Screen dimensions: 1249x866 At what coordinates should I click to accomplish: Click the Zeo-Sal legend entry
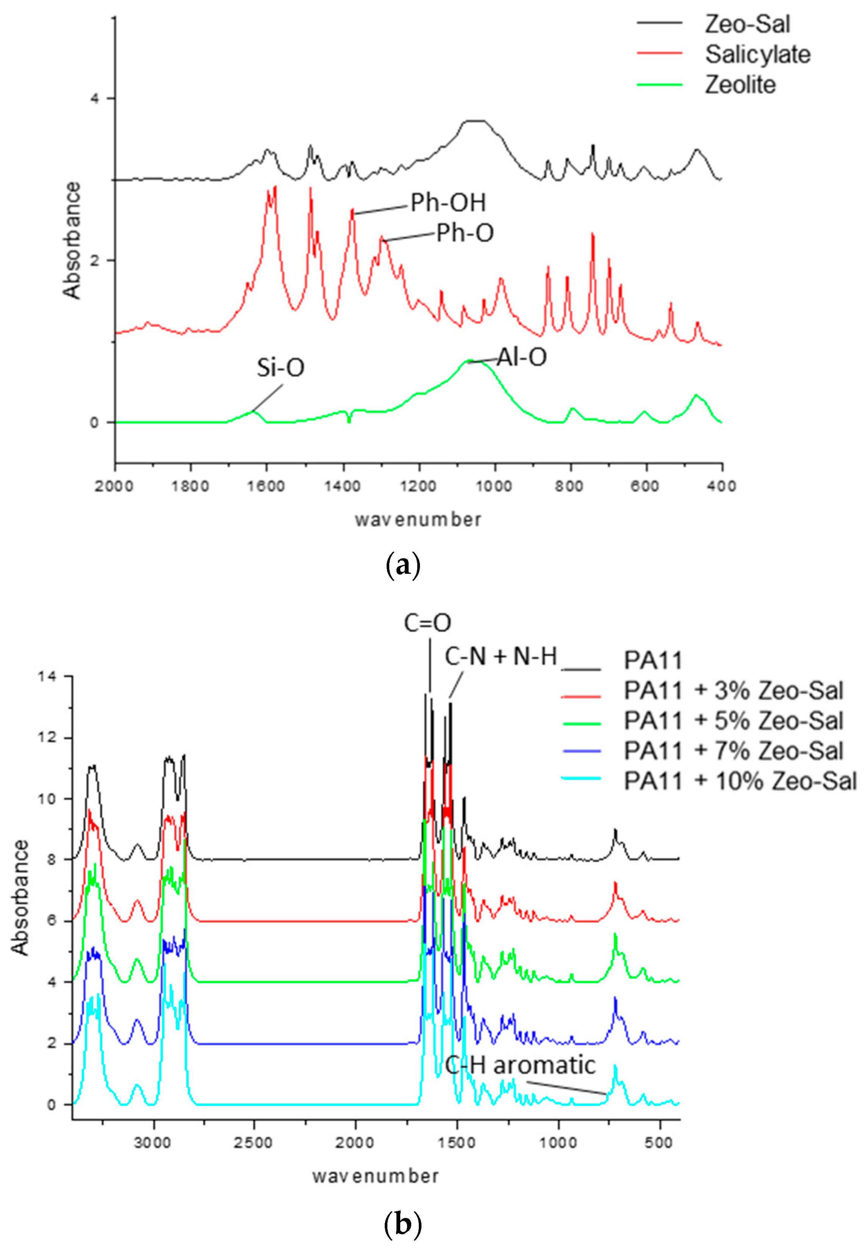coord(747,24)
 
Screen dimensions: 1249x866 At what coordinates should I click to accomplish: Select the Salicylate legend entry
coord(757,54)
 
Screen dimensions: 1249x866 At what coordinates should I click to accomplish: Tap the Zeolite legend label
coord(740,85)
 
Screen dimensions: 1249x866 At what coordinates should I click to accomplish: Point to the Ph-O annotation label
coord(465,233)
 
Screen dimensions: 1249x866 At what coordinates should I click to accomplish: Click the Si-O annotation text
coord(281,368)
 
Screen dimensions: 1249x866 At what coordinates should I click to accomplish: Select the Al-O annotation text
coord(521,357)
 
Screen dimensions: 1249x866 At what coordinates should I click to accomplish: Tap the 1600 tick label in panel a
coord(267,486)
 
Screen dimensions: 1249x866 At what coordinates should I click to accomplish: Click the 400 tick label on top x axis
coord(721,486)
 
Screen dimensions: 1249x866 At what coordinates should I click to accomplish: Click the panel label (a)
coord(402,566)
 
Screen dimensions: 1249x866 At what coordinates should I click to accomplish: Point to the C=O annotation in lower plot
coord(427,623)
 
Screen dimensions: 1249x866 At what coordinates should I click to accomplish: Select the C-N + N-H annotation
coord(501,657)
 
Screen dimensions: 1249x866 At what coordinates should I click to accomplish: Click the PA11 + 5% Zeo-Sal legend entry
coord(733,721)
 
